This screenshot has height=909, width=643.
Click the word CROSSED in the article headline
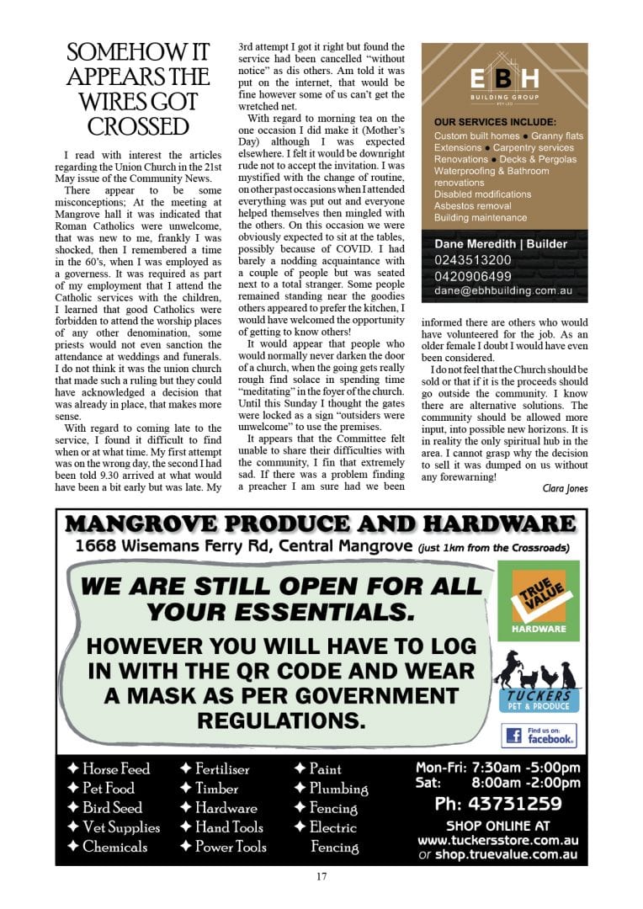click(138, 127)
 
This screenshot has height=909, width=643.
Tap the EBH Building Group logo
click(504, 84)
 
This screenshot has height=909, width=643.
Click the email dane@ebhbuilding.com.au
click(504, 291)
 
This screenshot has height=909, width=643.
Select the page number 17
click(321, 876)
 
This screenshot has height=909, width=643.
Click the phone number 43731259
click(498, 804)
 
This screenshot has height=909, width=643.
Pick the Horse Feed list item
click(109, 768)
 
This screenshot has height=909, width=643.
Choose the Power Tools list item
click(222, 847)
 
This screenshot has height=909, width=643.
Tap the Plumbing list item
click(332, 789)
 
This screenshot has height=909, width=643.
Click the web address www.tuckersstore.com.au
click(498, 840)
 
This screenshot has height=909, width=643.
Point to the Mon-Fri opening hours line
click(498, 768)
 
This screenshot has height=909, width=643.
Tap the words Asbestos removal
click(472, 206)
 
